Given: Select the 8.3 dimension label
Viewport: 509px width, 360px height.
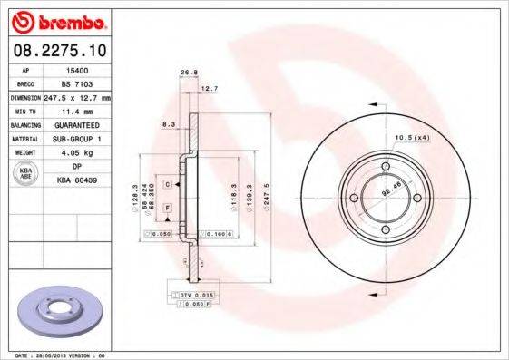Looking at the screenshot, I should pos(169,123).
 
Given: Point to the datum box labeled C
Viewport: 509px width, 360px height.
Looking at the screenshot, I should pos(168,184).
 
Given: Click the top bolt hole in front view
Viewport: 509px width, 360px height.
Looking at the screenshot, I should pos(385,167).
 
